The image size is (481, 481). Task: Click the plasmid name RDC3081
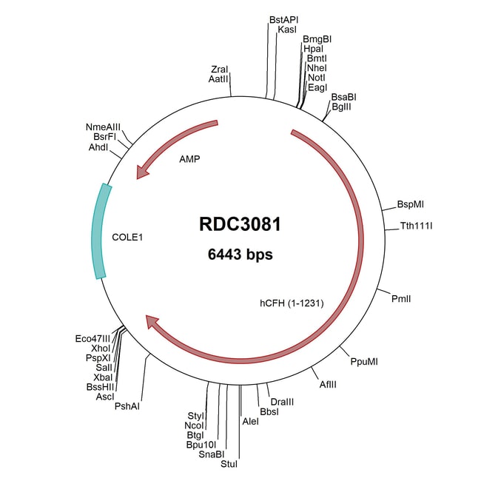coord(240,224)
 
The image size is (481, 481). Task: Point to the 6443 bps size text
coord(240,255)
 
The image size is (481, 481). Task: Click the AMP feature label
coord(189,158)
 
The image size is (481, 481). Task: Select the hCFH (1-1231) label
coord(291,302)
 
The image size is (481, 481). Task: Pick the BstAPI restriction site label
coord(285,19)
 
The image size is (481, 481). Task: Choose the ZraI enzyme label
coord(220,68)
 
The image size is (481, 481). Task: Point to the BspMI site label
coord(410,203)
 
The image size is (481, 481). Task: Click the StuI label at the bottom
coord(229,465)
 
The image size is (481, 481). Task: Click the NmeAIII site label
coord(103,127)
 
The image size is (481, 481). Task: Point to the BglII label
coord(341,107)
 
